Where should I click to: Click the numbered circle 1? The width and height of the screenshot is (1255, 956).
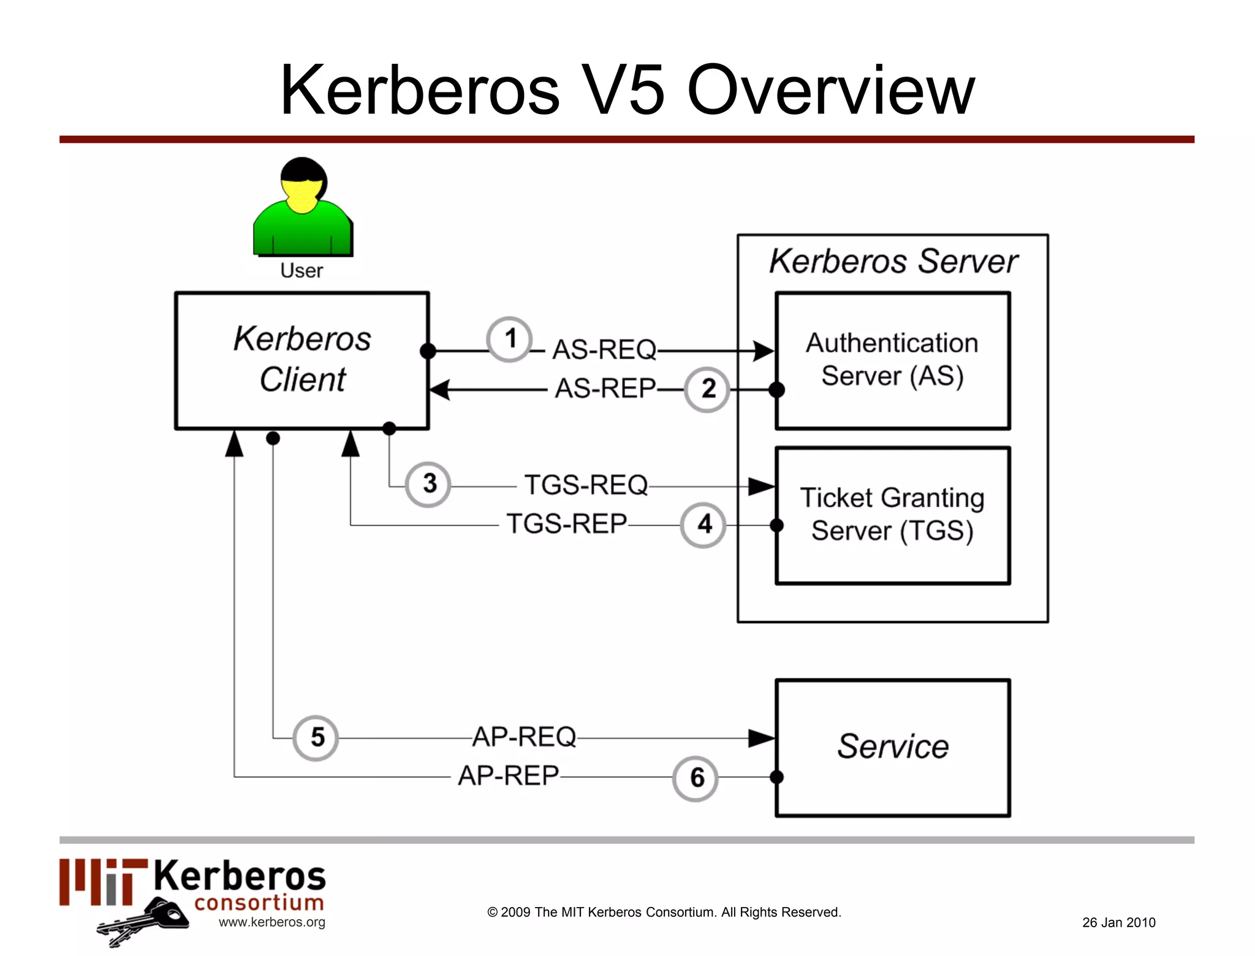[x=509, y=340]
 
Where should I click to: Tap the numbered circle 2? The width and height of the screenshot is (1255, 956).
[x=707, y=389]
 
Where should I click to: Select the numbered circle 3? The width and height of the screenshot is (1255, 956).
[x=428, y=484]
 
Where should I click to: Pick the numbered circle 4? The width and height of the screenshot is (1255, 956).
[x=703, y=525]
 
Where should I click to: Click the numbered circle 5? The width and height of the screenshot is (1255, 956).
[x=316, y=738]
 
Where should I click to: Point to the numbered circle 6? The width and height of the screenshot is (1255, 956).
[x=696, y=778]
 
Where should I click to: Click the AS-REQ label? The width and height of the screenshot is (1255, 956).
[x=604, y=350]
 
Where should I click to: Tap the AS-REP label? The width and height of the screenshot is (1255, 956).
[x=605, y=389]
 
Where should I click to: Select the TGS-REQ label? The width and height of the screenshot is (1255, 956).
[x=586, y=485]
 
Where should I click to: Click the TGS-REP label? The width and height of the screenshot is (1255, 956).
[x=566, y=524]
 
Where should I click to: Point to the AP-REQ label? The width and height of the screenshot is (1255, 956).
[x=524, y=737]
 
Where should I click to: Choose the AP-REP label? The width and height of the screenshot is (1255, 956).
[x=508, y=776]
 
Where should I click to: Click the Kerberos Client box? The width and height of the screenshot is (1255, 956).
[x=301, y=360]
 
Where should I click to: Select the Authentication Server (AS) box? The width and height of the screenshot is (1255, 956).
[x=892, y=360]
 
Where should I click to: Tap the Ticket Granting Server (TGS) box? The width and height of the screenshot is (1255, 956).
[x=892, y=515]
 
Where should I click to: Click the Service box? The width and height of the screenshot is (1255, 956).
[x=892, y=747]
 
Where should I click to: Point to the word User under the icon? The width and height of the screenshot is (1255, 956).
[x=301, y=271]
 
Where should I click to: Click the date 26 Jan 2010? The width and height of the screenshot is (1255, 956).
[x=1118, y=922]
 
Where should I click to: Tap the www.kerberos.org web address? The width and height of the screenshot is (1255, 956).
[x=271, y=922]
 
